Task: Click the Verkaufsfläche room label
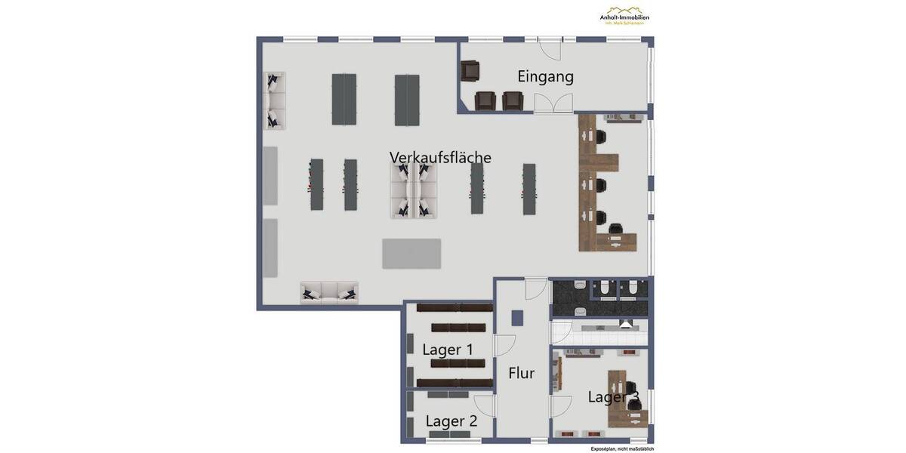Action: point(440,157)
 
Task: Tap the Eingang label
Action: point(545,76)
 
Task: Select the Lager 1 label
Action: point(448,350)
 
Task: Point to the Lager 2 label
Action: point(451,421)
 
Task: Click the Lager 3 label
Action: point(613,397)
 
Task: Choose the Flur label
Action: point(522,373)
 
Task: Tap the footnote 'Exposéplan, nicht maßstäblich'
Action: point(622,448)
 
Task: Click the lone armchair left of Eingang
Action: point(470,71)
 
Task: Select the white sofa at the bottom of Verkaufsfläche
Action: point(329,292)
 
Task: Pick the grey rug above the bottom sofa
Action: point(411,253)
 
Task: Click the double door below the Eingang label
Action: point(553,104)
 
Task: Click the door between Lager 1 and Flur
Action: point(504,346)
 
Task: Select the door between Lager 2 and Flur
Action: point(485,406)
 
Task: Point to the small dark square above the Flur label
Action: point(517,318)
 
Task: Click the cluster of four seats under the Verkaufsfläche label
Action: point(414,190)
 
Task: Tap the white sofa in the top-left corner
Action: point(275,100)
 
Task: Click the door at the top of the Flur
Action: point(536,288)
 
